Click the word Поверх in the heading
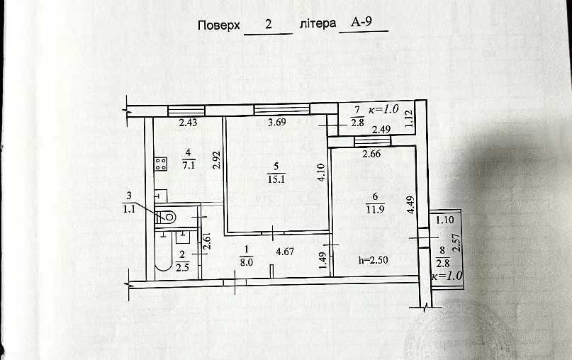click(x=219, y=26)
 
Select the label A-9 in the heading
click(x=361, y=21)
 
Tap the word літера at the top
click(x=318, y=23)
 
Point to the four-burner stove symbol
click(x=160, y=164)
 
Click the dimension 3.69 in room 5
click(x=277, y=122)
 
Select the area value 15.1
click(x=276, y=179)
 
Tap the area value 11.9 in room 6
click(x=375, y=209)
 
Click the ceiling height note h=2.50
click(x=374, y=260)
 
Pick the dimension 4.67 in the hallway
click(x=285, y=252)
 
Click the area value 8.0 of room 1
click(x=246, y=262)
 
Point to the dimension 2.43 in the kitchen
click(x=189, y=122)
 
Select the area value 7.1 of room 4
click(x=189, y=165)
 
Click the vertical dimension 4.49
click(x=411, y=205)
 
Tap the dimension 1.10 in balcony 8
click(x=444, y=220)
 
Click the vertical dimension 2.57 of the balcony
click(x=456, y=243)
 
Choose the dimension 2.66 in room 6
click(x=371, y=154)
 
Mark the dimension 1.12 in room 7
click(x=409, y=118)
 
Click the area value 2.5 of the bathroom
click(x=182, y=267)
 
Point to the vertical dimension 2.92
click(x=217, y=159)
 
